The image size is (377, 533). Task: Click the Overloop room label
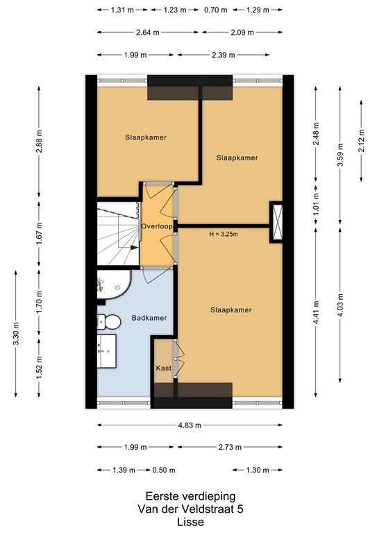pyautogui.click(x=157, y=226)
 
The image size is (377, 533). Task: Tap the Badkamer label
pyautogui.click(x=149, y=318)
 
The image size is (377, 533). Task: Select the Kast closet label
pyautogui.click(x=164, y=368)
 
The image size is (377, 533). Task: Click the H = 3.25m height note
pyautogui.click(x=224, y=234)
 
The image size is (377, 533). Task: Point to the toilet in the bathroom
pyautogui.click(x=109, y=321)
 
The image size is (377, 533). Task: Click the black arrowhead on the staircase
pyautogui.click(x=135, y=248)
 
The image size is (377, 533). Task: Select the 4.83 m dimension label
pyautogui.click(x=190, y=425)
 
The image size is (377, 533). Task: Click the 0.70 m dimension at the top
pyautogui.click(x=215, y=10)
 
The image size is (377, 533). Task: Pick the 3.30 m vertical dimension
pyautogui.click(x=16, y=333)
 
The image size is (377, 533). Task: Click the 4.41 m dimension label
pyautogui.click(x=316, y=312)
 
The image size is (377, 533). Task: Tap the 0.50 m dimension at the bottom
pyautogui.click(x=164, y=470)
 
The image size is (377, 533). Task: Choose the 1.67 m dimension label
pyautogui.click(x=39, y=234)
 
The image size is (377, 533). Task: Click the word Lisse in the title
pyautogui.click(x=190, y=522)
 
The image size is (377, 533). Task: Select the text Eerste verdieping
pyautogui.click(x=190, y=496)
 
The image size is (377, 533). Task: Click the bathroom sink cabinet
pyautogui.click(x=107, y=351)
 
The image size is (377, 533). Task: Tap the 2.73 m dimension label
pyautogui.click(x=230, y=447)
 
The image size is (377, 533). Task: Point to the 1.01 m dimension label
pyautogui.click(x=316, y=204)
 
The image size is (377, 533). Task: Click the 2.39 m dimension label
pyautogui.click(x=224, y=55)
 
